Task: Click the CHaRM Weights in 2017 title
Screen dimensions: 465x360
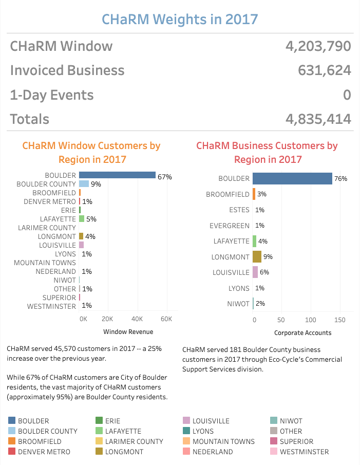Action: click(180, 20)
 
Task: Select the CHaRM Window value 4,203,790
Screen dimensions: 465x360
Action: click(318, 46)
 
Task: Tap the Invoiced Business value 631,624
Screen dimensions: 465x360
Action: click(325, 70)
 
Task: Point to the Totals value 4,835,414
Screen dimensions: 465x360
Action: click(318, 119)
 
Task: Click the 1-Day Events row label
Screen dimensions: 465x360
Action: click(52, 95)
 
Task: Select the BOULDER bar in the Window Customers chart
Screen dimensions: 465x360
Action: click(117, 175)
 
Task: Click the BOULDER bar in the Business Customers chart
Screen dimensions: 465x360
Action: click(292, 178)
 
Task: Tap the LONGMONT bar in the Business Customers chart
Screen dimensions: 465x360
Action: click(257, 256)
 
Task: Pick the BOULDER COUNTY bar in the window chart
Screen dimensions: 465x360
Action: click(84, 184)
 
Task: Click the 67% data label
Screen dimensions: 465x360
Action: click(164, 177)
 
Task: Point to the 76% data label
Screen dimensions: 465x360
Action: click(340, 179)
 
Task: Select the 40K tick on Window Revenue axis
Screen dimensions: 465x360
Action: click(137, 319)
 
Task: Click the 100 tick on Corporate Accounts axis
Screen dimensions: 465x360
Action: click(311, 320)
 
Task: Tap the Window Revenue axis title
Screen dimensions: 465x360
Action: click(128, 332)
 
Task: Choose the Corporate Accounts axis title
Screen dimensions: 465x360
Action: click(302, 332)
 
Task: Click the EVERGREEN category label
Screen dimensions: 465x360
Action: click(230, 226)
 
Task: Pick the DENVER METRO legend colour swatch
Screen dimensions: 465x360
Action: click(11, 452)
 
